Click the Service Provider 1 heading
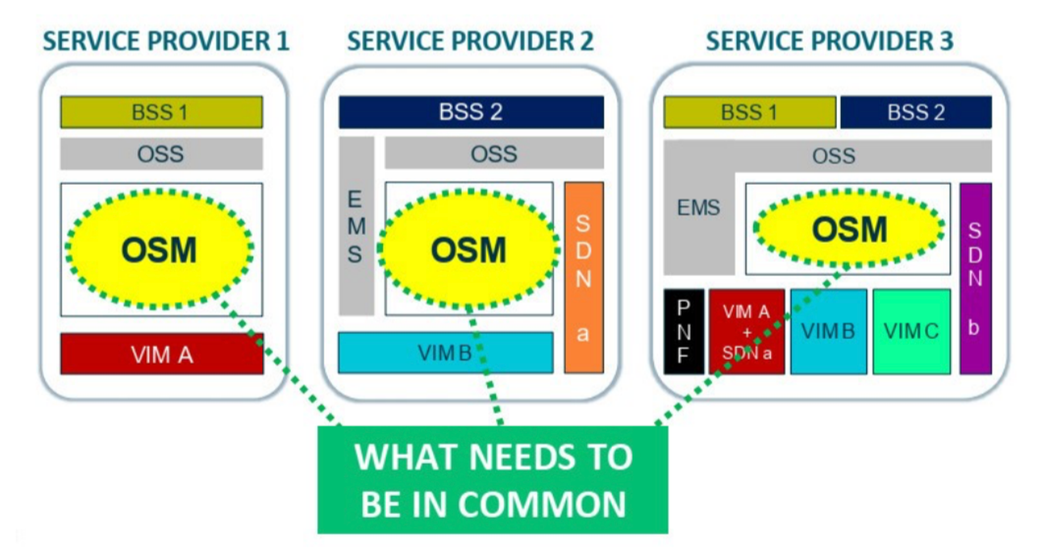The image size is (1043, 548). (166, 41)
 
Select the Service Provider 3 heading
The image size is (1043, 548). (829, 41)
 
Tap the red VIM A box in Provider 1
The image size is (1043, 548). (161, 354)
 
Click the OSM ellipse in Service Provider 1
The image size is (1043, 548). (159, 249)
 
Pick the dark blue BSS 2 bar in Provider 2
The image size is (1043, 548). (470, 112)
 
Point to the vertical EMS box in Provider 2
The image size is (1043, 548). (355, 226)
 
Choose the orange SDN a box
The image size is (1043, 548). (583, 278)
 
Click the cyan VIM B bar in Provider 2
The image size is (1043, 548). (445, 353)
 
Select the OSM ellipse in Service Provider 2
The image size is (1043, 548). (468, 249)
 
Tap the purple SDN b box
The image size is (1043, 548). (975, 278)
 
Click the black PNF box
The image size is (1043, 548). (683, 331)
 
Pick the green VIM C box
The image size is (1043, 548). (911, 331)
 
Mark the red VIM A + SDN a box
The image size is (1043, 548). (746, 331)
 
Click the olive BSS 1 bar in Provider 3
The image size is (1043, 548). (749, 112)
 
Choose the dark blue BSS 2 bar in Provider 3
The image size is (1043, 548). (915, 112)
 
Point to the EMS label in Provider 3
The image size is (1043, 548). (698, 208)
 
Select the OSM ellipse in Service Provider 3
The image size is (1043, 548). (849, 228)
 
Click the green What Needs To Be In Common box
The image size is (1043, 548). (492, 480)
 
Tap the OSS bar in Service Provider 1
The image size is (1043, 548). (161, 154)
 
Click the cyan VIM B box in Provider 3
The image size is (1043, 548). (828, 331)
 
